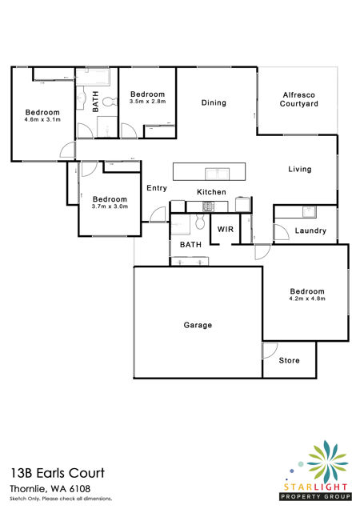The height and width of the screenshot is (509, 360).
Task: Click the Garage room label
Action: pyautogui.click(x=198, y=325)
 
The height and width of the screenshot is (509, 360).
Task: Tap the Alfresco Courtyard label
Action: pyautogui.click(x=298, y=99)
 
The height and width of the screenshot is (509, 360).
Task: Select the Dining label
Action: pyautogui.click(x=214, y=102)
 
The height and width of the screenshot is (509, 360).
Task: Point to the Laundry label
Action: pyautogui.click(x=310, y=230)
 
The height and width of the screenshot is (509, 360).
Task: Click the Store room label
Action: pyautogui.click(x=289, y=360)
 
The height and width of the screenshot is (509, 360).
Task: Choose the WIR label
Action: pyautogui.click(x=226, y=229)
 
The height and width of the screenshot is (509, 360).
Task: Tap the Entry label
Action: pyautogui.click(x=157, y=188)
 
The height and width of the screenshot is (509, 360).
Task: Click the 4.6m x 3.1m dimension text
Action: pyautogui.click(x=42, y=119)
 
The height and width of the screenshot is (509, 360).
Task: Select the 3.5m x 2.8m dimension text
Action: pyautogui.click(x=147, y=102)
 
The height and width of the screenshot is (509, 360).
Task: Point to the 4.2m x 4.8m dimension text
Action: pyautogui.click(x=307, y=299)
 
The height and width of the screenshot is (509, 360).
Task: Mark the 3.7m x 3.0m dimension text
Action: pyautogui.click(x=110, y=206)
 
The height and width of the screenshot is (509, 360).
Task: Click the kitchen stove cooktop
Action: pyautogui.click(x=208, y=206)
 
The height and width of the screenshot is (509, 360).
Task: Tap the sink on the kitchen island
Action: pyautogui.click(x=217, y=174)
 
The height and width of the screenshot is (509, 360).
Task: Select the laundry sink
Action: pyautogui.click(x=310, y=211)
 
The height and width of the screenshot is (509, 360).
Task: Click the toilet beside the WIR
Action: pyautogui.click(x=200, y=222)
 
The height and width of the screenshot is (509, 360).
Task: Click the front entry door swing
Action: pyautogui.click(x=158, y=214)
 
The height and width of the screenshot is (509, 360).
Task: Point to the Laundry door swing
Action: pyautogui.click(x=282, y=232)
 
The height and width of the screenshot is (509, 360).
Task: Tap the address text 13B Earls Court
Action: pyautogui.click(x=58, y=473)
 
